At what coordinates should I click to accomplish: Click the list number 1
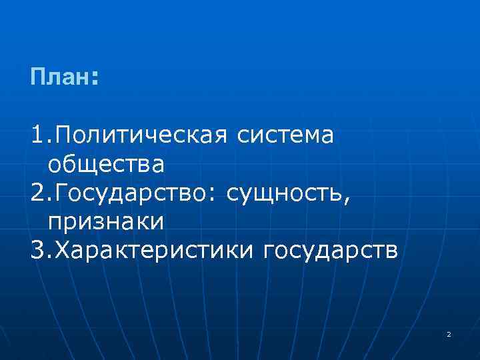point(37,137)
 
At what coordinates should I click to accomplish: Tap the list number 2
point(37,193)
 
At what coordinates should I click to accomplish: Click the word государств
point(331,251)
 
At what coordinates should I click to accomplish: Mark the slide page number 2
point(449,334)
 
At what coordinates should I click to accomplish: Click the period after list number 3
point(49,257)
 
